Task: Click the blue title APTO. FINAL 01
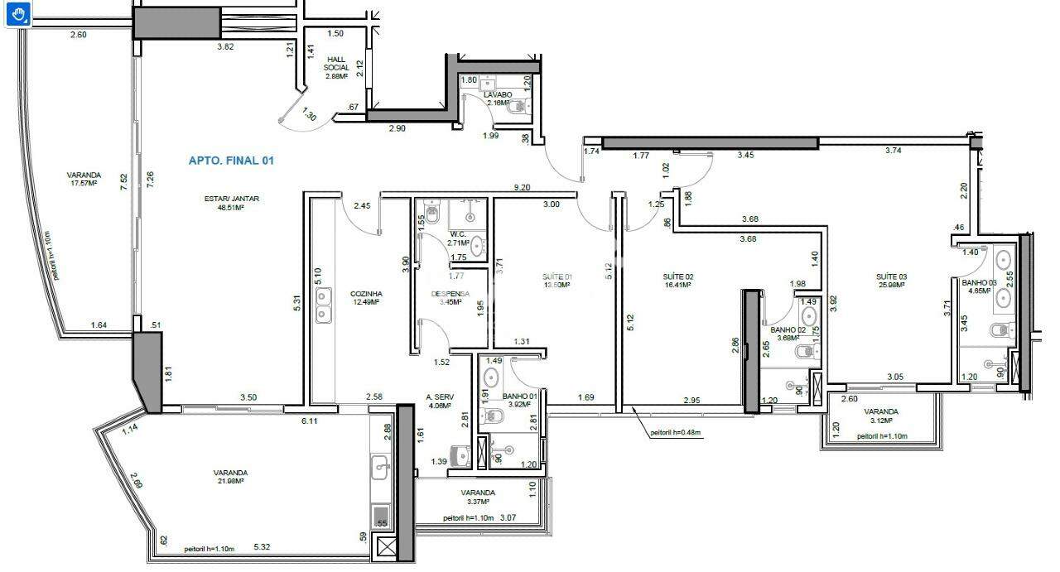click(231, 161)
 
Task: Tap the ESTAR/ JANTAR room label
click(231, 198)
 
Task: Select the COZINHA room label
click(365, 293)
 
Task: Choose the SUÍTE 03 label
click(891, 276)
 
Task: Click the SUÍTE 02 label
click(677, 276)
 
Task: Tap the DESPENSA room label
click(450, 293)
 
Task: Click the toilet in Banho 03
click(1004, 330)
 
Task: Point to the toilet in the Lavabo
click(520, 105)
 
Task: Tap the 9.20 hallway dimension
click(521, 188)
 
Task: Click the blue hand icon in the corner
click(17, 14)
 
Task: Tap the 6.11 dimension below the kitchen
click(310, 421)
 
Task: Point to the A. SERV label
click(438, 397)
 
